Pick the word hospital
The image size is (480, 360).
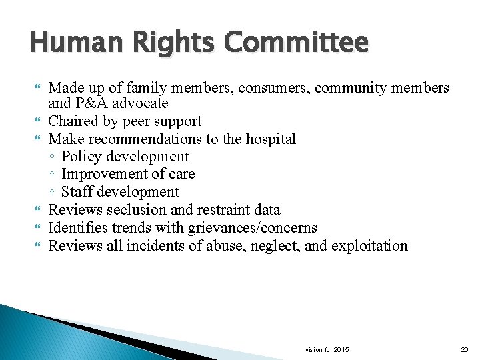tap(269, 139)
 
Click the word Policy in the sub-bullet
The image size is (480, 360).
tap(81, 157)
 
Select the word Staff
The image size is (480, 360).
tap(77, 192)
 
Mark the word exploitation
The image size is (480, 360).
tap(368, 245)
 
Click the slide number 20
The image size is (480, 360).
tap(465, 349)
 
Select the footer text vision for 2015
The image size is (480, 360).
tap(327, 349)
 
